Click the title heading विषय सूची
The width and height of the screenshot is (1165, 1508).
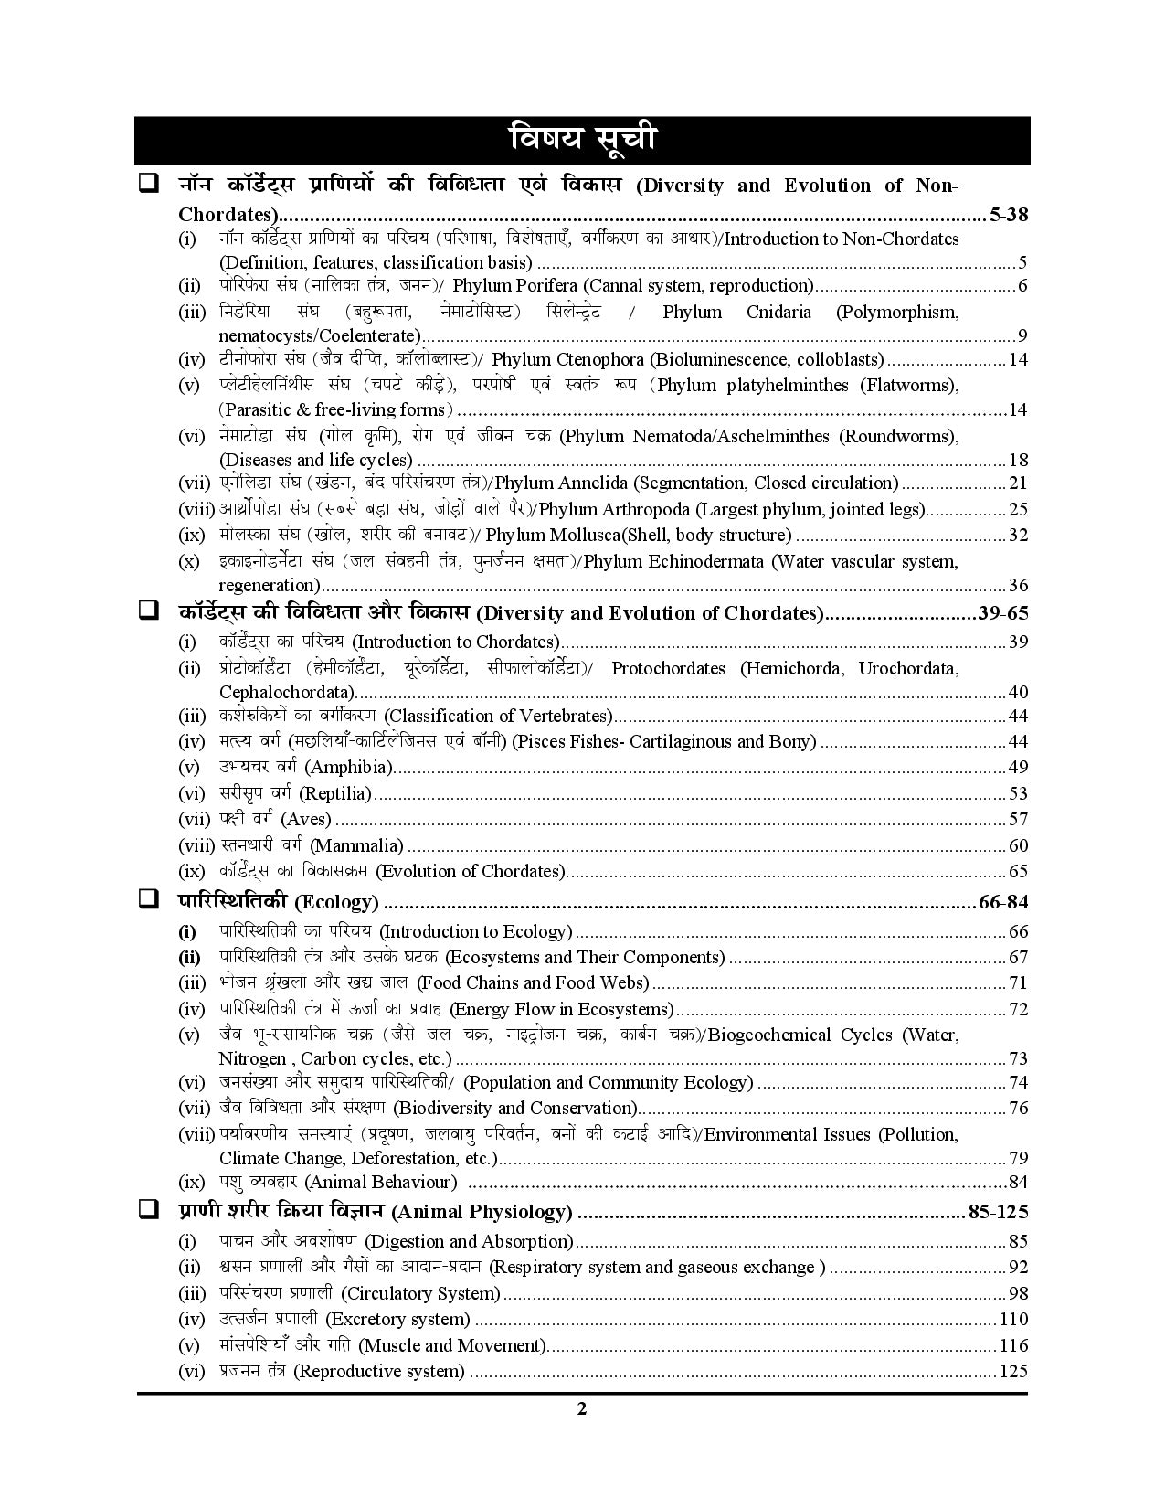(582, 140)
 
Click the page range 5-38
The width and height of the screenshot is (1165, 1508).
(1009, 216)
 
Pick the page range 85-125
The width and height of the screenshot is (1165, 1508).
(998, 1212)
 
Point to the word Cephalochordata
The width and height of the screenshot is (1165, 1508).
(287, 692)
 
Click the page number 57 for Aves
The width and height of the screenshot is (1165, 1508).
(1018, 819)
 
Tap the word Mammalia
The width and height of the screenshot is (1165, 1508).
(356, 845)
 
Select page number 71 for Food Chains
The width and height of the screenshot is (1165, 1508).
(1018, 983)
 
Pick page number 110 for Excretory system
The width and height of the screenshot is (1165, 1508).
(1013, 1319)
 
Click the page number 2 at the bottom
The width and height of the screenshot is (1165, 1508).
(582, 1408)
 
